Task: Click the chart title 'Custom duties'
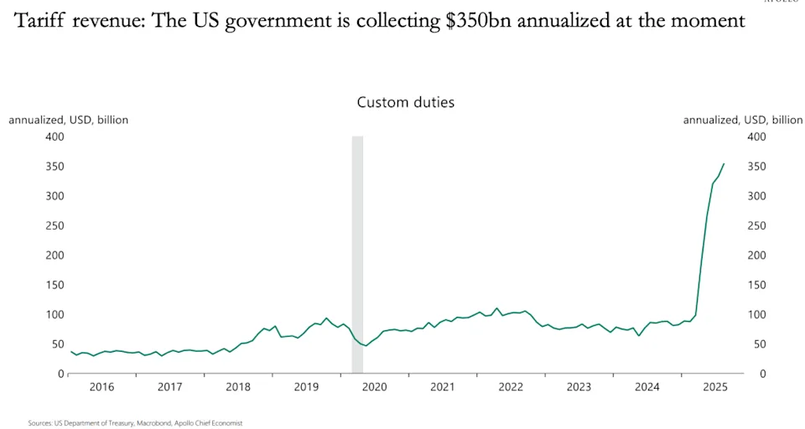(x=406, y=102)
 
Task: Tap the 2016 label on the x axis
(x=101, y=387)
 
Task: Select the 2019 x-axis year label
(x=306, y=387)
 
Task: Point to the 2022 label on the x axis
(x=511, y=387)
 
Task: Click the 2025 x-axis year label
(x=715, y=387)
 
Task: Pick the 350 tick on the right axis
(x=756, y=166)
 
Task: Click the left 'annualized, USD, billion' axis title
(x=69, y=120)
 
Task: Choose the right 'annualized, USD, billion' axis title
(x=743, y=120)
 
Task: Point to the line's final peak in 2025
(x=724, y=164)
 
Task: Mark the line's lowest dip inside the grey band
(x=365, y=345)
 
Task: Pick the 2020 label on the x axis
(x=374, y=387)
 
